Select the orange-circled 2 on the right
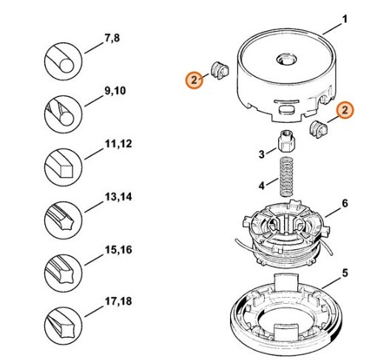click(x=345, y=111)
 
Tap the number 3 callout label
click(x=261, y=154)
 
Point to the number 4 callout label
click(x=261, y=183)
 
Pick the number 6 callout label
click(x=345, y=203)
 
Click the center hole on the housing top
click(x=285, y=56)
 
